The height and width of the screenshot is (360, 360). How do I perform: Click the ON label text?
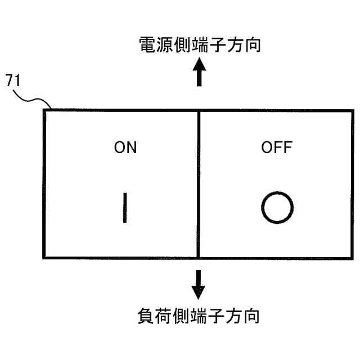coord(125,147)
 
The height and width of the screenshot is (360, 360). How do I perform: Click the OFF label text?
coord(277,148)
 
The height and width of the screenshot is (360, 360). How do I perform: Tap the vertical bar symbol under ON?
coord(125,208)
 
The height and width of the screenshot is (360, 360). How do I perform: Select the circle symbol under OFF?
coord(277,208)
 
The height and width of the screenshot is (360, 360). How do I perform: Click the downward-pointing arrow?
coord(198,285)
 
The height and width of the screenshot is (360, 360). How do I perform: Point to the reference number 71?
coord(13,80)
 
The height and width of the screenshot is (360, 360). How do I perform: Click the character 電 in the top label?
coord(147,45)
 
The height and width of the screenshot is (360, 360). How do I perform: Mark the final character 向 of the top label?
coord(253,45)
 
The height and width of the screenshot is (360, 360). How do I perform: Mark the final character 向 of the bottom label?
coord(251,315)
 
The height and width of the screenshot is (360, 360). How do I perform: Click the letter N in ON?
coord(131,147)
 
